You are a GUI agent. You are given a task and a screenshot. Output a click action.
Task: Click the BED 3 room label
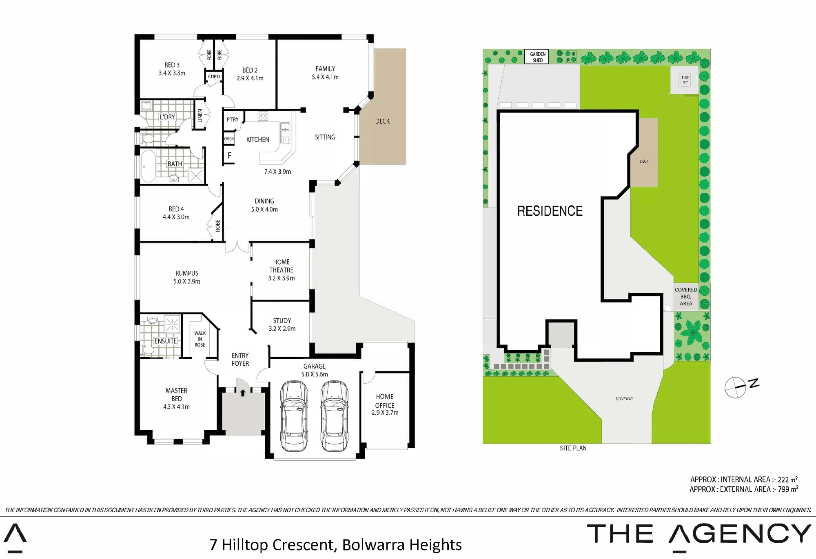pyautogui.click(x=172, y=65)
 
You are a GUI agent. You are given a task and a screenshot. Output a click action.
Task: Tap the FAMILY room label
pyautogui.click(x=325, y=69)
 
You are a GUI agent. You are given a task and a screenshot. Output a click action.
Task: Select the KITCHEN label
pyautogui.click(x=257, y=139)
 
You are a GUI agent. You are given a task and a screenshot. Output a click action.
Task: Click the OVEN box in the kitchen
pyautogui.click(x=229, y=139)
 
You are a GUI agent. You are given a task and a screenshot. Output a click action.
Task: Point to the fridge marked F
pyautogui.click(x=229, y=155)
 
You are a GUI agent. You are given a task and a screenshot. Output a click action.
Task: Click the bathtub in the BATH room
pyautogui.click(x=148, y=166)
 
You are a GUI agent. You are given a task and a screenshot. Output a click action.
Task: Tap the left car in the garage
pyautogui.click(x=294, y=416)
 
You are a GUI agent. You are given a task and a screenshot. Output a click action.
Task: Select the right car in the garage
pyautogui.click(x=335, y=416)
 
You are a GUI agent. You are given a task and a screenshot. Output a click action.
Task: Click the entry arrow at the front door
pyautogui.click(x=243, y=393)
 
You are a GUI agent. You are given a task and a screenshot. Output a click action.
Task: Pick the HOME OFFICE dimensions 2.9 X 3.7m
pyautogui.click(x=385, y=413)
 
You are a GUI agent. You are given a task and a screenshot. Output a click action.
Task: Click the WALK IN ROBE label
pyautogui.click(x=200, y=339)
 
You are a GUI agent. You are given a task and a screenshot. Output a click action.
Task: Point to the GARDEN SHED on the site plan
pyautogui.click(x=538, y=57)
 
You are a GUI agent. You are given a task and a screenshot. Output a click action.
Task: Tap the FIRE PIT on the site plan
pyautogui.click(x=685, y=80)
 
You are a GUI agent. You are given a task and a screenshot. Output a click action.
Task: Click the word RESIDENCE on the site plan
pyautogui.click(x=550, y=211)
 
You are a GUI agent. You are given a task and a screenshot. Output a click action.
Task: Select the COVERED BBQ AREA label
pyautogui.click(x=686, y=296)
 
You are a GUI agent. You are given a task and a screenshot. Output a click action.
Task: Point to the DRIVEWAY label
pyautogui.click(x=624, y=399)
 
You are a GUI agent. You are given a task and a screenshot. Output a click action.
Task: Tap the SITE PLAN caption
pyautogui.click(x=573, y=448)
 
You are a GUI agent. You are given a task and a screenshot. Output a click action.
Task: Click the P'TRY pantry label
pyautogui.click(x=233, y=119)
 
